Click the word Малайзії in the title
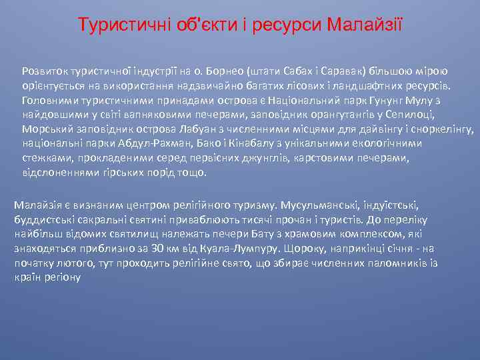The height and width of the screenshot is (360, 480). (x=365, y=25)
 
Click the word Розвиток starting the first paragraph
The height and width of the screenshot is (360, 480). (x=43, y=70)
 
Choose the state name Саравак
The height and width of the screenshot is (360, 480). (x=335, y=70)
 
